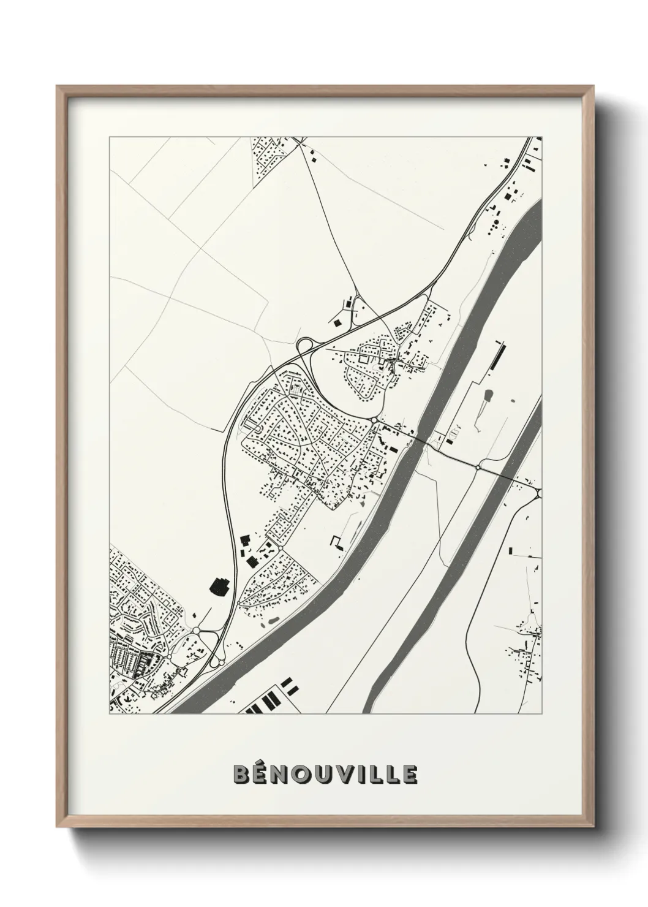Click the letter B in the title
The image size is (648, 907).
(241, 775)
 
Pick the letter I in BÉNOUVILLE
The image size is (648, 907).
(369, 775)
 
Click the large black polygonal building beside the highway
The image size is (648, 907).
(219, 585)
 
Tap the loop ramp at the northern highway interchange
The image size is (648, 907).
(304, 347)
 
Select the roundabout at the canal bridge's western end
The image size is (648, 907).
(374, 420)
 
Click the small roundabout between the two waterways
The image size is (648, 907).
(478, 467)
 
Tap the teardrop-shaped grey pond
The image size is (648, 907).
(488, 395)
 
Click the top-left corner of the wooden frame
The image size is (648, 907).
(58, 86)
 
